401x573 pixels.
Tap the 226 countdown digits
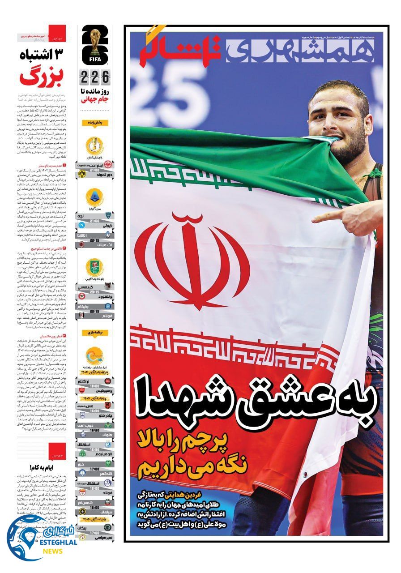tap(94, 77)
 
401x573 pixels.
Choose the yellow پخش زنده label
tap(94, 122)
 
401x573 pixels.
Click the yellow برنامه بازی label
tap(94, 333)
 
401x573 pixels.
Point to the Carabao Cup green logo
tap(94, 267)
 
